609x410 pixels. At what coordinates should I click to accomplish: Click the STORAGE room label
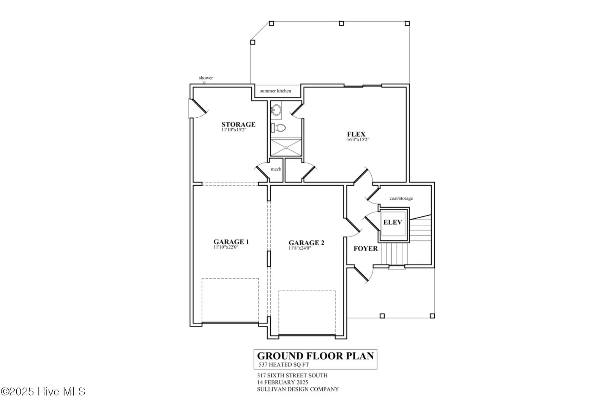pos(238,125)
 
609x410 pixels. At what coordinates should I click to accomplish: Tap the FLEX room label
pos(356,134)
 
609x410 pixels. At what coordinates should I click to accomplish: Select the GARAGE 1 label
pos(231,242)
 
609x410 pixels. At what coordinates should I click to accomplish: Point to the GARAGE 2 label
pos(306,243)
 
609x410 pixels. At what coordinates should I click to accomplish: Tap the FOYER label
pos(366,249)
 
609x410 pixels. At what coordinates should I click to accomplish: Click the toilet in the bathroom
pos(278,128)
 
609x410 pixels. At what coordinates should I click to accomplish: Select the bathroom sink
pos(276,110)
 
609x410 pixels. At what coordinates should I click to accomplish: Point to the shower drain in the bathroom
pos(286,148)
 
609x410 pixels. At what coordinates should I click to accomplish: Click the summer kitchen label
pos(275,91)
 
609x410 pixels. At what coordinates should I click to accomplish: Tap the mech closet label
pos(276,169)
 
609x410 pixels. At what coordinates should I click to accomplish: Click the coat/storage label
pos(401,199)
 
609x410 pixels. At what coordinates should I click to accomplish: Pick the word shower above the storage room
pos(206,78)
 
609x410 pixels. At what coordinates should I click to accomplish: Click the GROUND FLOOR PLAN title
pos(316,356)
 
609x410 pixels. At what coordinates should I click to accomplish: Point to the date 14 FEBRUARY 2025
pos(282,382)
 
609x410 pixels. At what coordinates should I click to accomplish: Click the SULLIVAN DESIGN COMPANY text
pos(298,389)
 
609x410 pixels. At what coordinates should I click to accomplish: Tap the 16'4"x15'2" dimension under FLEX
pos(358,140)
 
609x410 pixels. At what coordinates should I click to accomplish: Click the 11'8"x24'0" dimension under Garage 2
pos(300,248)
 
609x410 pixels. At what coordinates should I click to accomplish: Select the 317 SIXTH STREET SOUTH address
pos(292,375)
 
